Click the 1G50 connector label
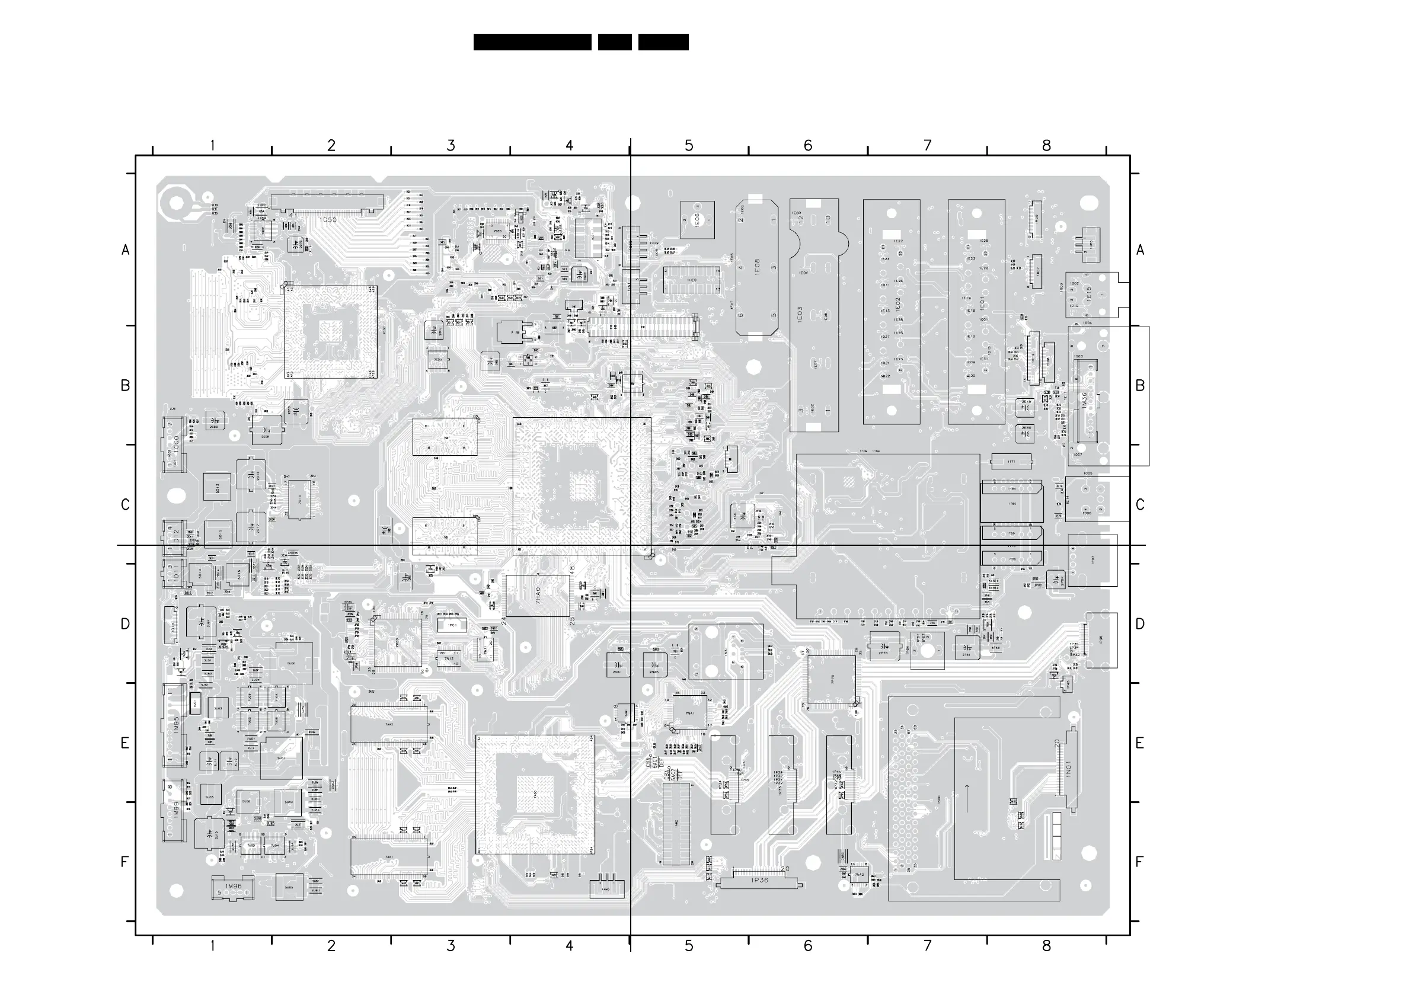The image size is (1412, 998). coord(328,219)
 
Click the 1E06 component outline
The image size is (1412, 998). coord(697,219)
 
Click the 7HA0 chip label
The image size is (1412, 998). coord(538,595)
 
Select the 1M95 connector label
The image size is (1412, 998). coord(176,725)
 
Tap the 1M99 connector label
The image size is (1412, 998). coord(176,808)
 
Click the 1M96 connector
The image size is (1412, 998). coord(232,888)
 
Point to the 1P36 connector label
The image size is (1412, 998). coord(759,880)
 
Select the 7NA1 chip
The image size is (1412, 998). coord(690,713)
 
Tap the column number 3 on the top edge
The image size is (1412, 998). coord(451,146)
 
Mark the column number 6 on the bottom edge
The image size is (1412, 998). coord(808,946)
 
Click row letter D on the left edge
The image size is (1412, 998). coord(125,624)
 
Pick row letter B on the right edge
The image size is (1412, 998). coord(1139,386)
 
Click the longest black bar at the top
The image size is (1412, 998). coord(532,42)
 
